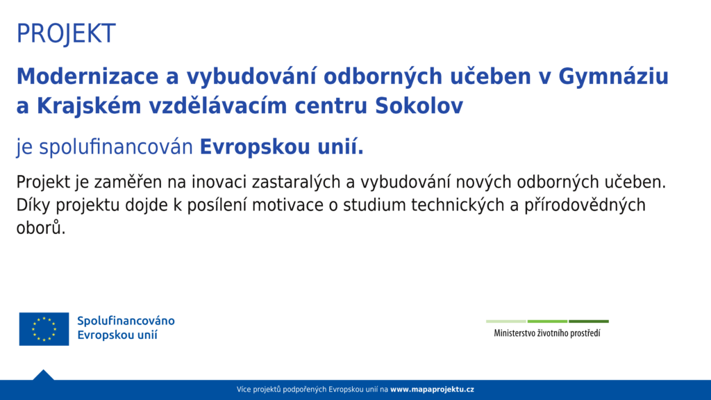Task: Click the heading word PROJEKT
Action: [66, 33]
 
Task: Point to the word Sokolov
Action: [419, 106]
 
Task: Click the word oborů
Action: [41, 228]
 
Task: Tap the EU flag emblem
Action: [44, 328]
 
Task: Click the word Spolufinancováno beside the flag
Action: [126, 321]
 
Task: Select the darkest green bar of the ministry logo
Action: [589, 322]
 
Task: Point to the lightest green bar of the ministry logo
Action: [506, 322]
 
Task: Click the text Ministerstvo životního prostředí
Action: [547, 333]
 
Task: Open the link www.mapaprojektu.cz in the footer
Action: [432, 390]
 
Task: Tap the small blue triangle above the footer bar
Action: [44, 376]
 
